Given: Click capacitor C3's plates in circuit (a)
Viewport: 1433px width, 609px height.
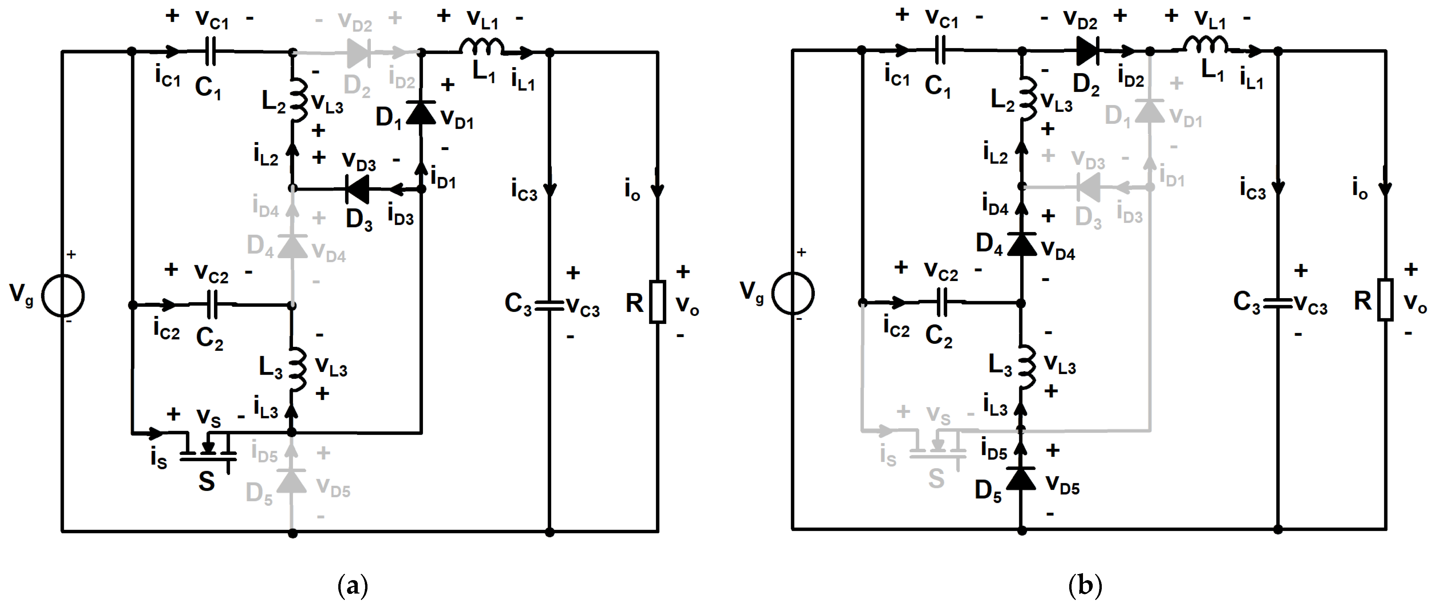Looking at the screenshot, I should tap(550, 305).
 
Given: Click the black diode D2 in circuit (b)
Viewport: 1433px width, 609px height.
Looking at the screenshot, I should tap(1088, 51).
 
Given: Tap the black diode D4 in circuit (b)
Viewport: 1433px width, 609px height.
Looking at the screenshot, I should tap(1022, 244).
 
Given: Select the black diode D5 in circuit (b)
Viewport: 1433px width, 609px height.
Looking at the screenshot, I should tap(1022, 479).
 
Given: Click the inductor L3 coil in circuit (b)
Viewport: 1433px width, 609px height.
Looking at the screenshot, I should tap(1026, 367).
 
